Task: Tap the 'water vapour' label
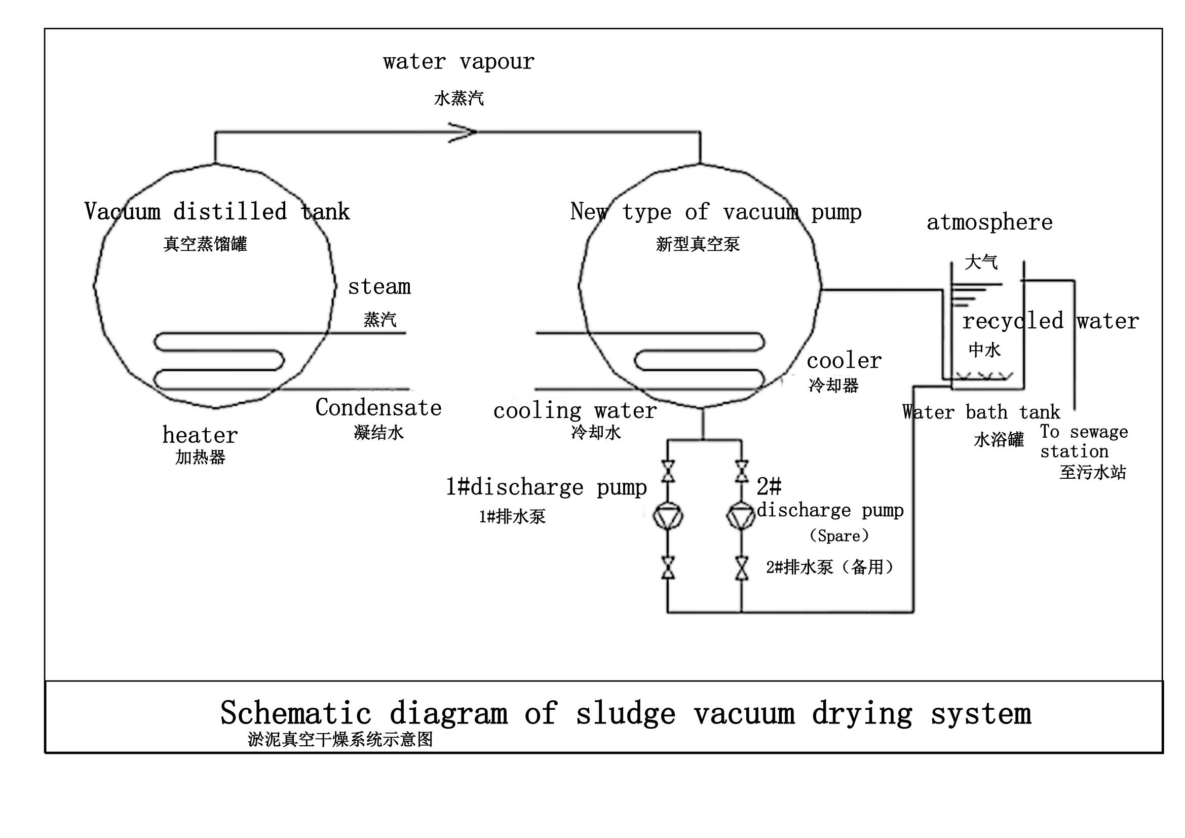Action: (459, 62)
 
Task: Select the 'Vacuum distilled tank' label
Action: (217, 212)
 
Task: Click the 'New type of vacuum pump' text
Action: (716, 212)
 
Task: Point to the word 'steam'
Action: (379, 287)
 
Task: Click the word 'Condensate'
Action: (378, 408)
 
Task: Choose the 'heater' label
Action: (200, 436)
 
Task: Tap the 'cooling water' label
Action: (575, 411)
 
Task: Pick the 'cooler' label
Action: (845, 361)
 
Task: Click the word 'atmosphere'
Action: (989, 222)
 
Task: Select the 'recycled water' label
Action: (1050, 321)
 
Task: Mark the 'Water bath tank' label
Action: (981, 412)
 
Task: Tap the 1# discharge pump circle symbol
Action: (668, 515)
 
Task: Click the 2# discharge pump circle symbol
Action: (742, 515)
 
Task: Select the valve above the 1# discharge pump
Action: (668, 471)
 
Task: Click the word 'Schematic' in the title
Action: (295, 713)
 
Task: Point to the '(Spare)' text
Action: (839, 536)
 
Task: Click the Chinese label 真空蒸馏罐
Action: (205, 244)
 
